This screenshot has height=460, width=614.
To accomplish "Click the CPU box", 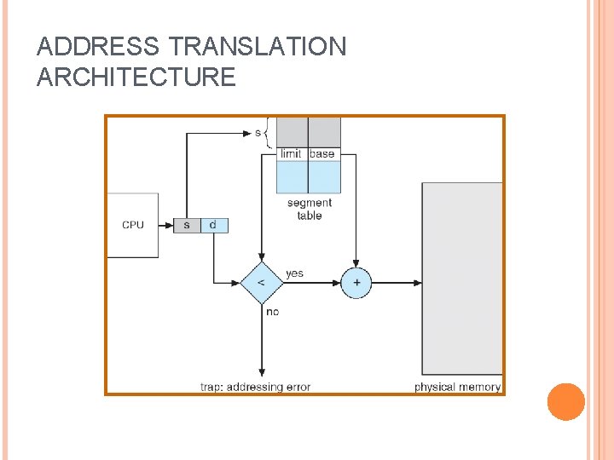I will (132, 225).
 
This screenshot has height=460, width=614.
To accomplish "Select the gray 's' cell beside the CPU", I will (187, 225).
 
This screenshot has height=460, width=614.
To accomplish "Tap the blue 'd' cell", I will (214, 225).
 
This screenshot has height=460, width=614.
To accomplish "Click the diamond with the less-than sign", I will (261, 283).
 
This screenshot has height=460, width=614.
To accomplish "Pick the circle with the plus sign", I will (356, 283).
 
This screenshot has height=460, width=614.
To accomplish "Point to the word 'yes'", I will (294, 273).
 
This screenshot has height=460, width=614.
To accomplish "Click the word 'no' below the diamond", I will (273, 312).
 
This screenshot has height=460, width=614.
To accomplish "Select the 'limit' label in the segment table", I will (292, 154).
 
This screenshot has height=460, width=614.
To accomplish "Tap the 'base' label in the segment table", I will (322, 154).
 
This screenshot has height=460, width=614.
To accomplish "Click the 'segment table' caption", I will (309, 210).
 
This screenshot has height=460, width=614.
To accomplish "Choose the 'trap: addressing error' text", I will (256, 387).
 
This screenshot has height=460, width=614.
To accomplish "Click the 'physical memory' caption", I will (457, 387).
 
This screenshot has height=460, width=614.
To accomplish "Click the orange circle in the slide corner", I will (566, 401).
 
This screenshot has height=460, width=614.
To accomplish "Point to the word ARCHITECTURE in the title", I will (136, 78).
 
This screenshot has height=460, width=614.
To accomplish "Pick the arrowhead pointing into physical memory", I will (417, 283).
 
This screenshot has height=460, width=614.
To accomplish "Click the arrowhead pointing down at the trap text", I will (261, 374).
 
